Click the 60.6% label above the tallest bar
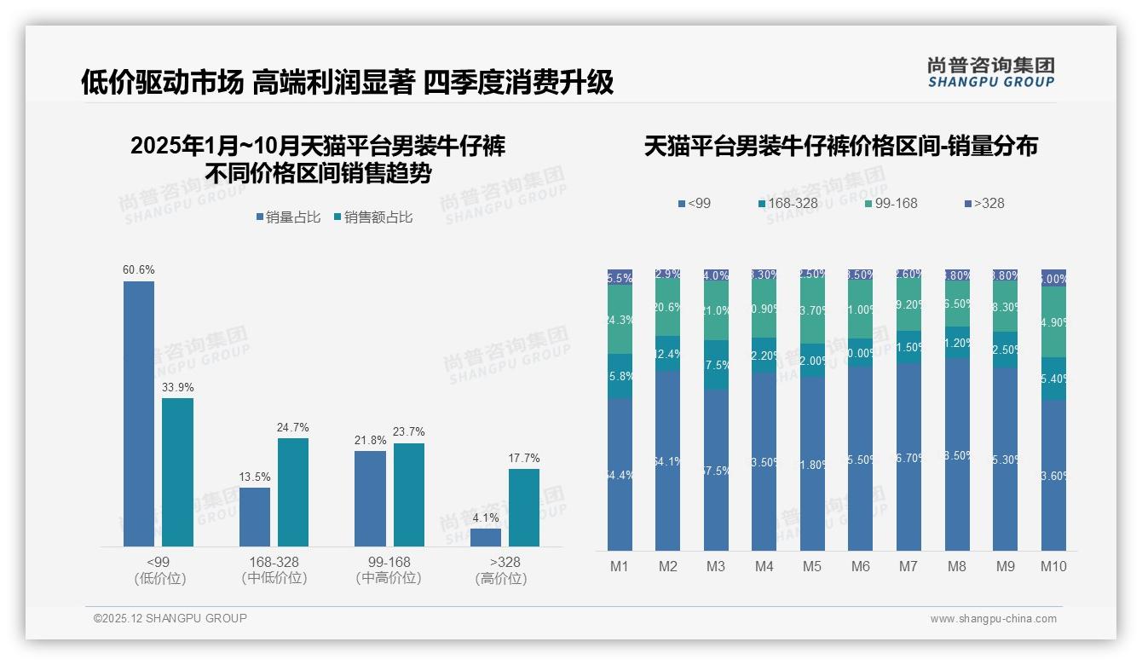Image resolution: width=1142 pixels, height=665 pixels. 139,270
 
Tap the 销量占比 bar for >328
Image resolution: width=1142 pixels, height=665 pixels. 486,537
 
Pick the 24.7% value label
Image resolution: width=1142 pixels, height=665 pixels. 293,428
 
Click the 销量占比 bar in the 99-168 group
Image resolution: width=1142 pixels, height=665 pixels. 370,498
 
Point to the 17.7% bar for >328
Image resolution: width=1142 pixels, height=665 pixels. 524,507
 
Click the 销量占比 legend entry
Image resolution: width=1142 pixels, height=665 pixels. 288,217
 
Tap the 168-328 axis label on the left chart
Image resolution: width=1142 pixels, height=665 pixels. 274,563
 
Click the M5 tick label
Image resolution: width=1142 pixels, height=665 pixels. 812,567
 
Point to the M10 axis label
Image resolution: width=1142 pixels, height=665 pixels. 1053,567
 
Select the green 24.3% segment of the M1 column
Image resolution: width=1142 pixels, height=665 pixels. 620,320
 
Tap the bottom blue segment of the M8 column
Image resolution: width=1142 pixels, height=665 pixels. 957,454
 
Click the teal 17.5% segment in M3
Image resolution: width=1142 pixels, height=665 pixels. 716,365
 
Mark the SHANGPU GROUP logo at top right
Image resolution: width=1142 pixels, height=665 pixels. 990,72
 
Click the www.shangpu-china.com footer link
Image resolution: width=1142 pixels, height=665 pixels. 993,619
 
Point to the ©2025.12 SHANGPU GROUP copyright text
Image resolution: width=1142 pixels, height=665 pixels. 170,619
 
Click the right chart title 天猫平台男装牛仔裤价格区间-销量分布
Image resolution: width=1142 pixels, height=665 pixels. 840,147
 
